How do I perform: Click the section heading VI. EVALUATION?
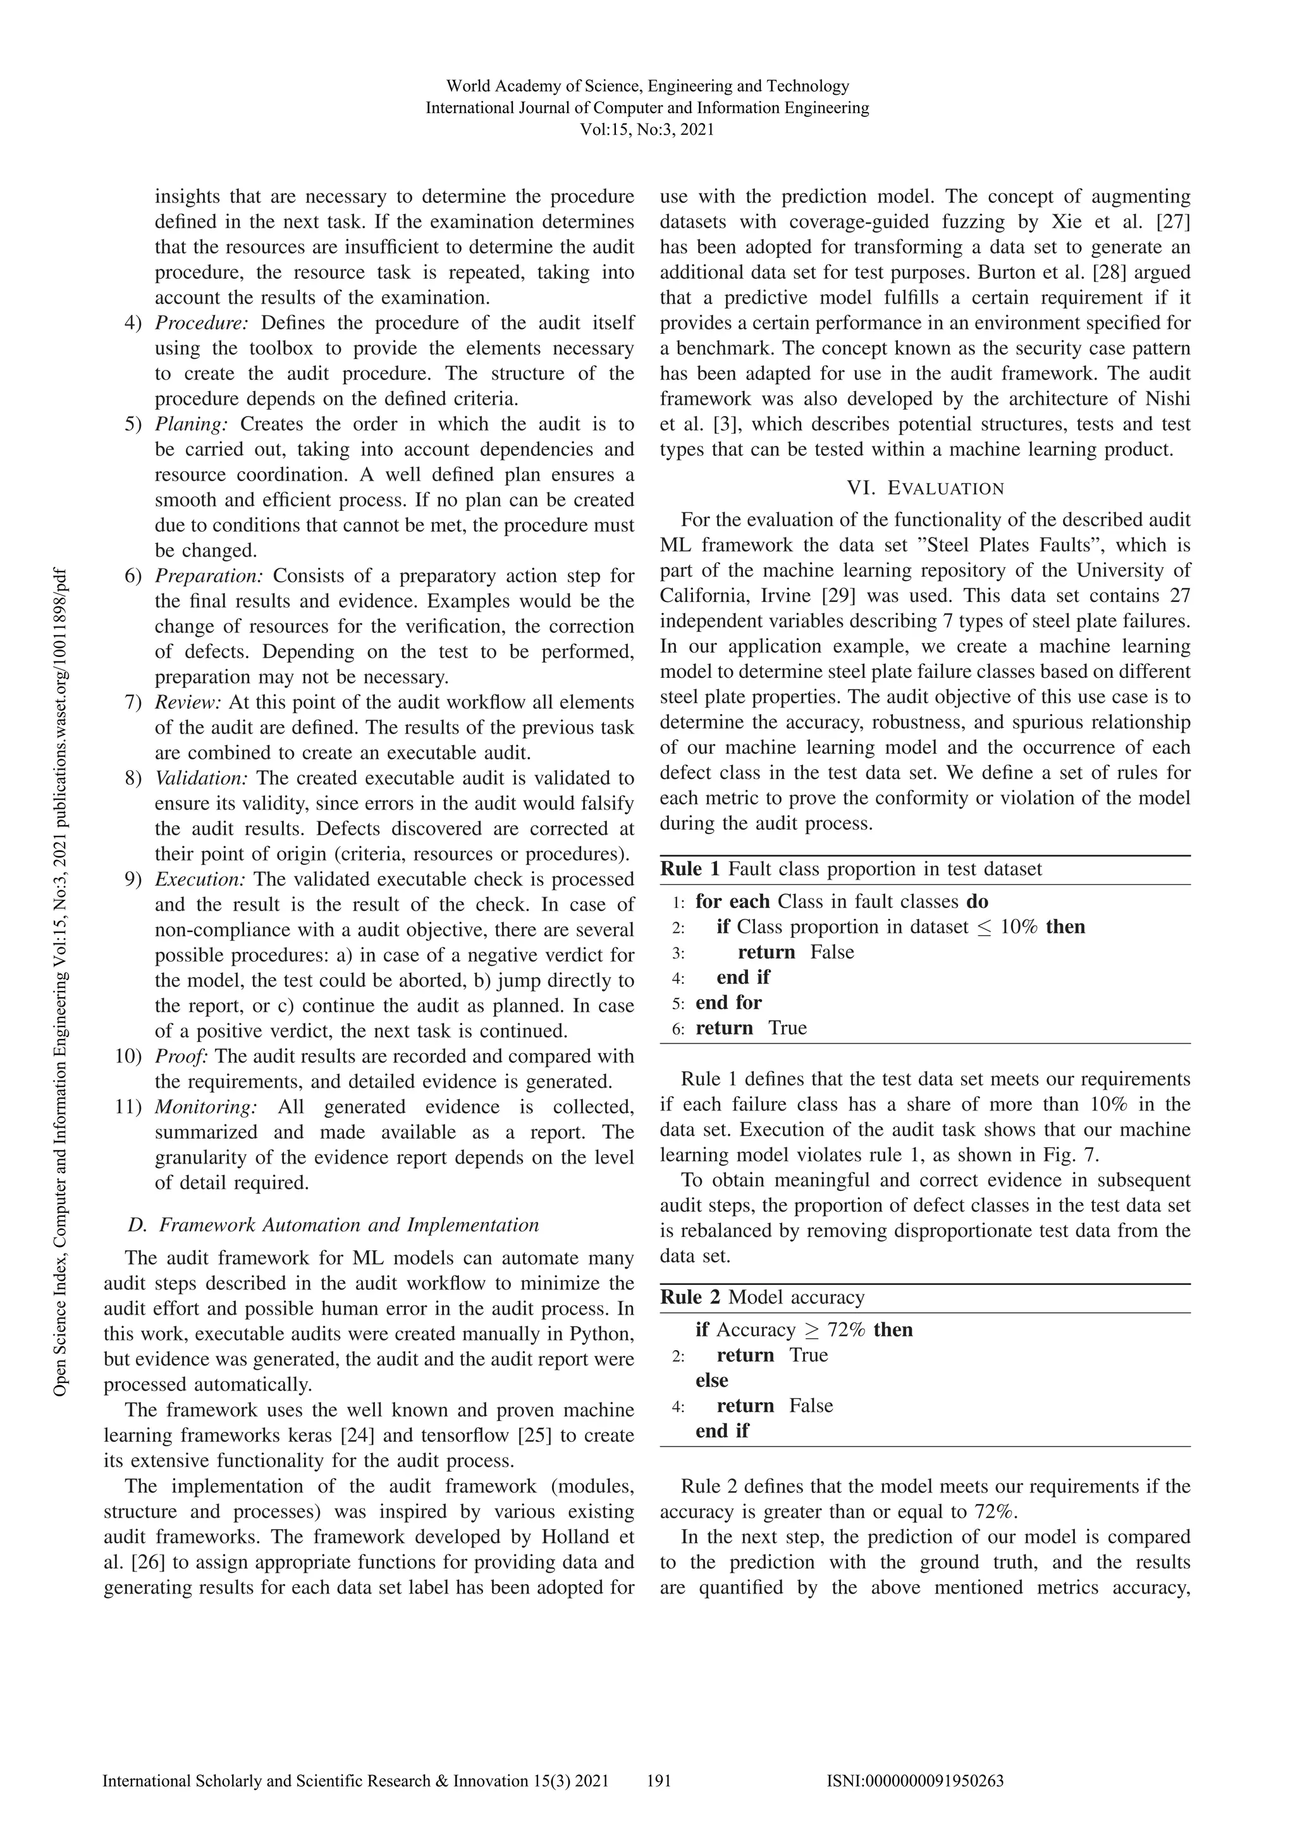tap(924, 488)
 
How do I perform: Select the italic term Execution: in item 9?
tap(199, 879)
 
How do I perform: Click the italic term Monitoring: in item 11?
tap(206, 1107)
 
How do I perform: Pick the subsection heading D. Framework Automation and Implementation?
tap(333, 1225)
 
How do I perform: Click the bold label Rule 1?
tap(690, 869)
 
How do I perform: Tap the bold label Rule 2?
tap(690, 1298)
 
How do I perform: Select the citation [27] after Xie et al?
tap(1173, 222)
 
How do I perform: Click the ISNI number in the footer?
tap(915, 1781)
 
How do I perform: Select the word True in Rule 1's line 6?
tap(787, 1028)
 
